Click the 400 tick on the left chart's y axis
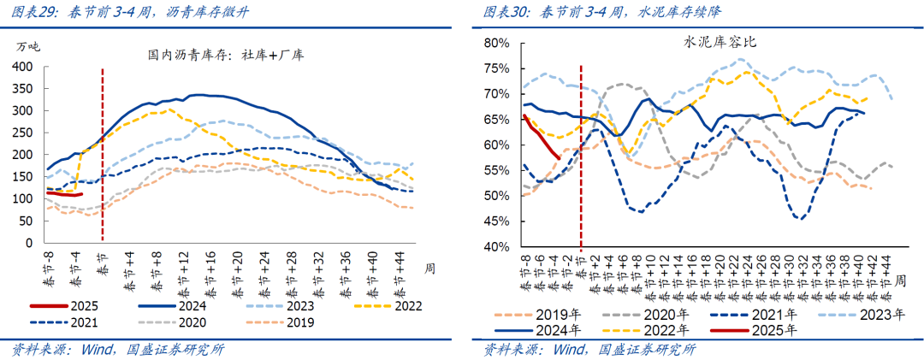tap(26, 67)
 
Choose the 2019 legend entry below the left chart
tap(299, 322)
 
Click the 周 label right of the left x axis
tap(429, 268)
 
